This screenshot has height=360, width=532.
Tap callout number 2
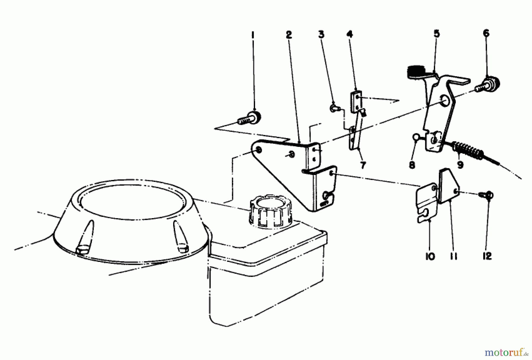coord(289,35)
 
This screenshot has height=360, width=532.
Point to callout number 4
coord(350,34)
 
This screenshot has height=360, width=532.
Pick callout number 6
coord(486,33)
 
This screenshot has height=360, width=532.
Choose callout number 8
coord(412,165)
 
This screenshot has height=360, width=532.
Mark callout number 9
coord(460,164)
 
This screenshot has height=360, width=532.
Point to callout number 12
coord(487,256)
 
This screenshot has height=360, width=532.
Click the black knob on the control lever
coord(415,72)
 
